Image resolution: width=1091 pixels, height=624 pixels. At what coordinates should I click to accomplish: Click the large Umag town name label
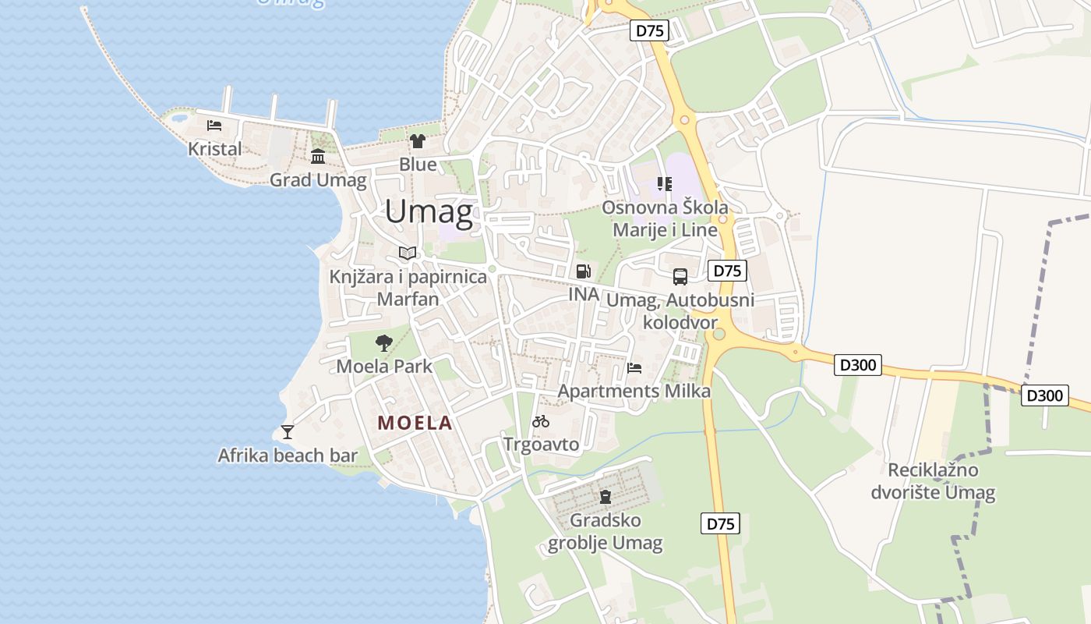[x=429, y=212]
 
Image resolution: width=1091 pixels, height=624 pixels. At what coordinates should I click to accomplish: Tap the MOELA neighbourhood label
[x=415, y=423]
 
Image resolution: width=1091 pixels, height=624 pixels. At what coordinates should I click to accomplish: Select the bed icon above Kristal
[x=214, y=125]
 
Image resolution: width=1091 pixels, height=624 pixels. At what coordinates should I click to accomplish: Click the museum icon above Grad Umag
[x=318, y=157]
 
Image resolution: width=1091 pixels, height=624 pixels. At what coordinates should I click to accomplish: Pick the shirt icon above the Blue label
[x=418, y=141]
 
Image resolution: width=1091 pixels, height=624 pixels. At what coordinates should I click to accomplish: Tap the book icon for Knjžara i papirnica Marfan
[x=408, y=253]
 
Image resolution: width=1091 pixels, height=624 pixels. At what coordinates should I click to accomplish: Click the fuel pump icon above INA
[x=583, y=271]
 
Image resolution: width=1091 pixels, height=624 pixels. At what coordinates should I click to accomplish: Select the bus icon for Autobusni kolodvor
[x=680, y=276]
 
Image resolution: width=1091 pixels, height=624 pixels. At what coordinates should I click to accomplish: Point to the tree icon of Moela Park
[x=383, y=342]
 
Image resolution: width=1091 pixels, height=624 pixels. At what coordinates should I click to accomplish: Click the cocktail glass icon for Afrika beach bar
[x=288, y=431]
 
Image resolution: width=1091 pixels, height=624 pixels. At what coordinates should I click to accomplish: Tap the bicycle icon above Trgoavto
[x=541, y=421]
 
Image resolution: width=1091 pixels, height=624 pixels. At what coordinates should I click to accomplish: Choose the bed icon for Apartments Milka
[x=634, y=367]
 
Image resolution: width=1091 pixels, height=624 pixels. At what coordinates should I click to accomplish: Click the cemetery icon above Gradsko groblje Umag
[x=606, y=496]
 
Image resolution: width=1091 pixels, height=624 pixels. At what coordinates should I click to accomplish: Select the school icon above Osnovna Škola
[x=665, y=184]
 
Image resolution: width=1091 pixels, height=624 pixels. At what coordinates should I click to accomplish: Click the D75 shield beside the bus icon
[x=727, y=271]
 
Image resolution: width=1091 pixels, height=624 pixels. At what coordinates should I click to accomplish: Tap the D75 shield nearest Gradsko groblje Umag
[x=720, y=523]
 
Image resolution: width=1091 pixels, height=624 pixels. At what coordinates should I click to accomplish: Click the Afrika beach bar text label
[x=288, y=456]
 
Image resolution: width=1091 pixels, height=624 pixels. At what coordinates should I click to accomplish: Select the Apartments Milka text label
[x=634, y=391]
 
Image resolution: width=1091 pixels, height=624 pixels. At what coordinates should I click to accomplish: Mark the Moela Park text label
[x=384, y=366]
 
